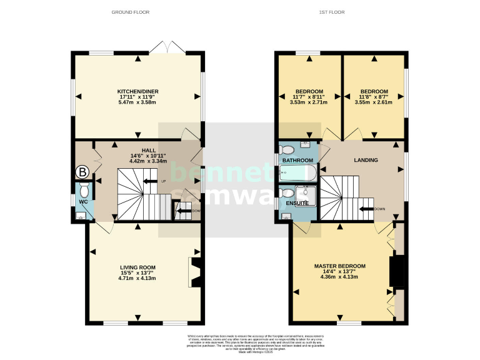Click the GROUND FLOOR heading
point(130,12)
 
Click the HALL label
point(148,150)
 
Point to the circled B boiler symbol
point(82,171)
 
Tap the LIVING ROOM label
point(138,267)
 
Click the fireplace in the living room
point(194,272)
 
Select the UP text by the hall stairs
point(164,181)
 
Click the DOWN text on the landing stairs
point(379,209)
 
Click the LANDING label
point(366,160)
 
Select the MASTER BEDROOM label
point(339,266)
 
